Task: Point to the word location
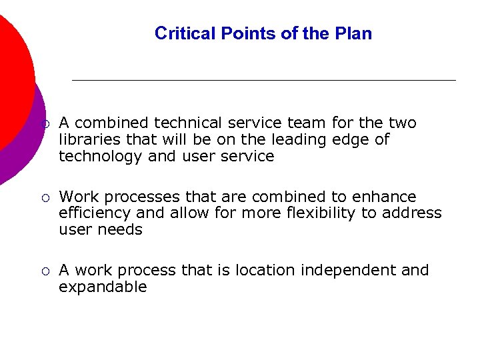pos(266,271)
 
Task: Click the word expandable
pos(103,287)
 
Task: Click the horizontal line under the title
pos(263,80)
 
